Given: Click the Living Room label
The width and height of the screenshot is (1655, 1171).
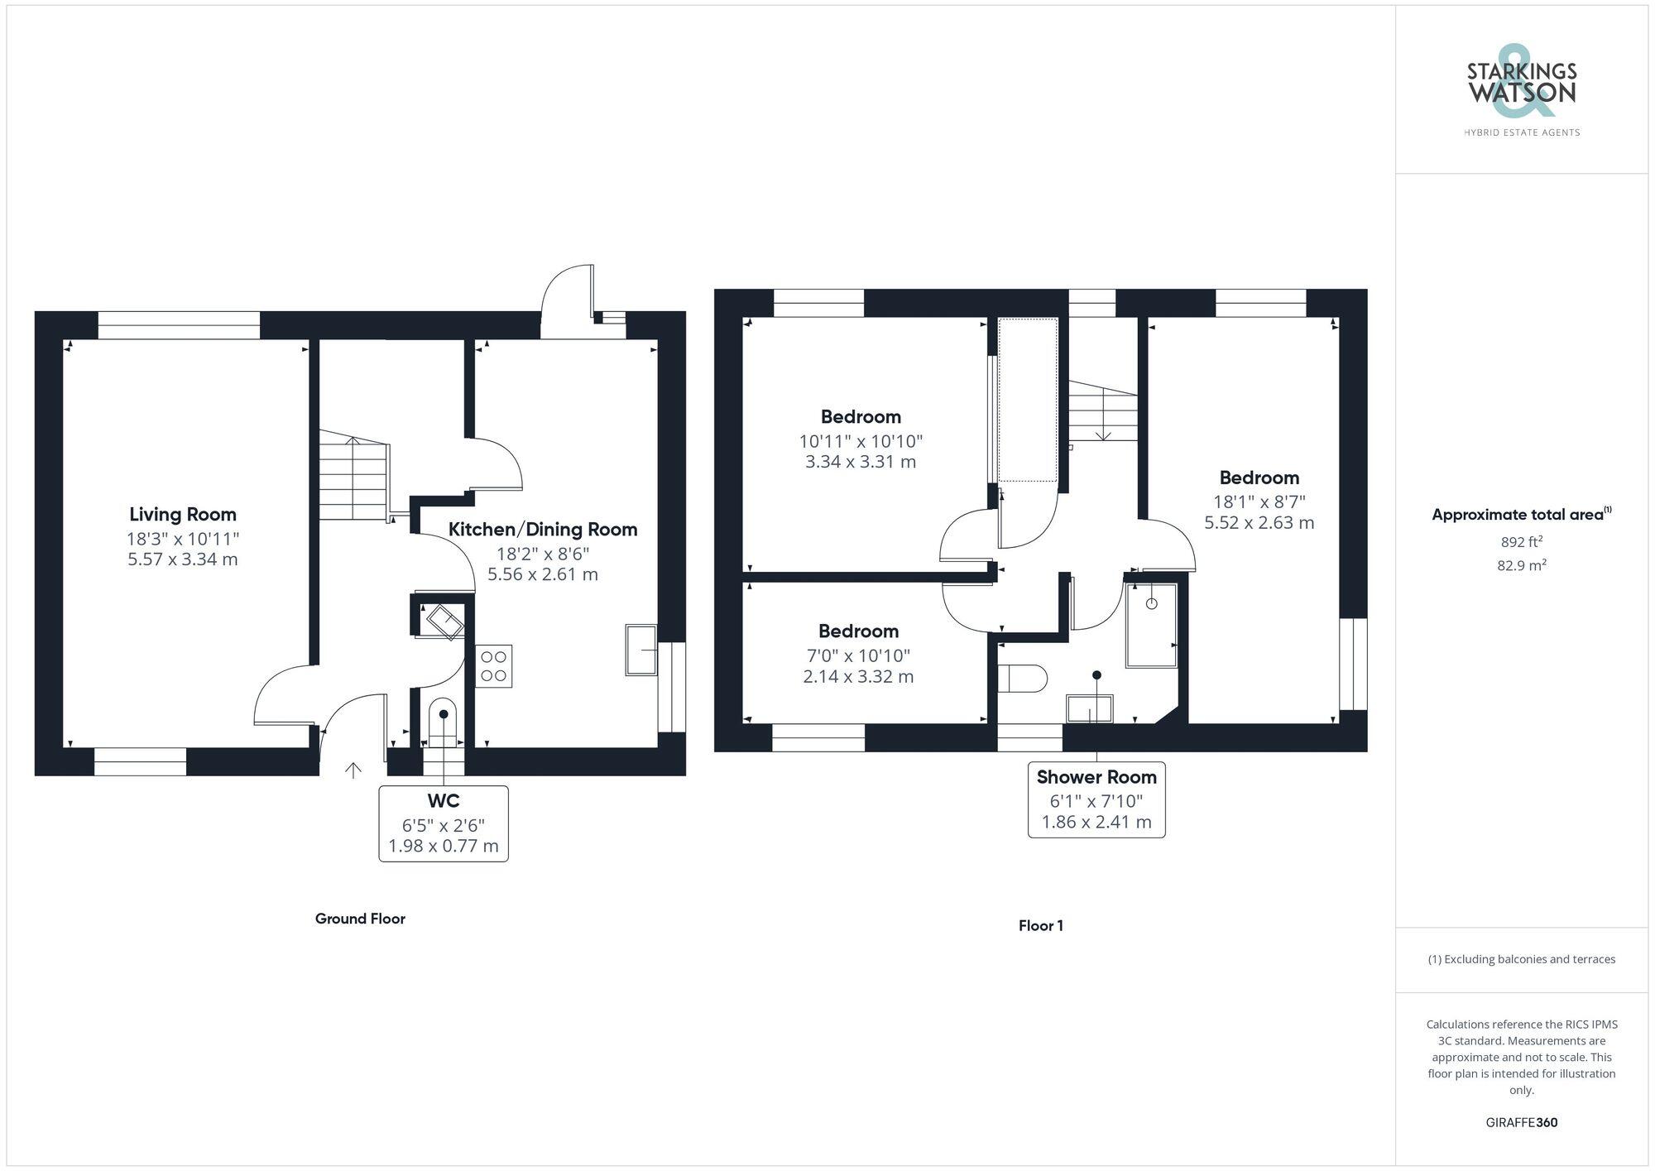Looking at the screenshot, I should tap(183, 514).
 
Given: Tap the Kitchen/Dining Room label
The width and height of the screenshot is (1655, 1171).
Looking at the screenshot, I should tap(543, 530).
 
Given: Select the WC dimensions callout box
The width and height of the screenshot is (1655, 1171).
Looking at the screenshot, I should tap(444, 824).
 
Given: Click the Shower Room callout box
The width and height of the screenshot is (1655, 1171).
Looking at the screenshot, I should tap(1096, 800).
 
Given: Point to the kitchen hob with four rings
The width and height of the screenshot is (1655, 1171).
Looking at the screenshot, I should tap(494, 666).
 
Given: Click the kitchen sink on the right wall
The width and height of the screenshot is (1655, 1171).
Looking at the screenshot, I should tap(641, 650).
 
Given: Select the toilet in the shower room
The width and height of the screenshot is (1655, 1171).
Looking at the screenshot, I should tap(1023, 679).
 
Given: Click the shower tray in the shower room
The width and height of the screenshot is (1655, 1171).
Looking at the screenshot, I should tap(1151, 626).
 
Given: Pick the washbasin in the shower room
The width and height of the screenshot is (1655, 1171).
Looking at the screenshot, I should tap(1089, 709).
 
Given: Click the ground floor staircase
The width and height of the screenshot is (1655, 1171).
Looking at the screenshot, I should tap(354, 476).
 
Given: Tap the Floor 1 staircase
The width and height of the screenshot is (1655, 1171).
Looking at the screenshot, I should tap(1103, 411).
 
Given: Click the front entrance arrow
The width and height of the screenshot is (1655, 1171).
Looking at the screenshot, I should tap(353, 770).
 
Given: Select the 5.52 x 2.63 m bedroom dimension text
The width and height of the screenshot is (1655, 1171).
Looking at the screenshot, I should tap(1259, 523).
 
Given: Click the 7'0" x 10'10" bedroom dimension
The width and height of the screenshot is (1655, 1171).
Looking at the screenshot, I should tap(858, 656).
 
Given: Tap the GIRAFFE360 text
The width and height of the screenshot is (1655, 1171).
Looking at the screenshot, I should tap(1522, 1123).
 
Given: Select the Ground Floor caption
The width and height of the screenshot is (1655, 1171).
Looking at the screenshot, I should tap(360, 919).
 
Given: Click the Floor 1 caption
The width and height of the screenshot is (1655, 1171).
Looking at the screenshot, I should tap(1040, 926).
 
